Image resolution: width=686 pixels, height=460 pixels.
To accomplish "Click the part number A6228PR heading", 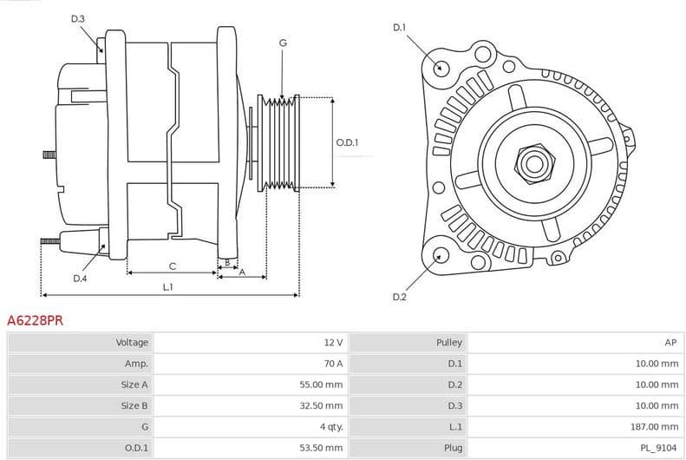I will point(35,320).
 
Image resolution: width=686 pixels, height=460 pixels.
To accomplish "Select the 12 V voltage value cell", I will point(334,343).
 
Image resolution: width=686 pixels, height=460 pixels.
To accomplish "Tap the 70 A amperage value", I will point(334,364).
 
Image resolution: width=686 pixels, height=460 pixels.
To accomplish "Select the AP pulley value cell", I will point(670,343).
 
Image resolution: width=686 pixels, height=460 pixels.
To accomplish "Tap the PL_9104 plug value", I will point(660,448).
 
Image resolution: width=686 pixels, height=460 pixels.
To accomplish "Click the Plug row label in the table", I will point(454,448).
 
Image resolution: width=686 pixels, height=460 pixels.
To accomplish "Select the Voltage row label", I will point(132,343).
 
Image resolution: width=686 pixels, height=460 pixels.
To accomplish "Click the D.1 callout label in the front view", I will point(399,28).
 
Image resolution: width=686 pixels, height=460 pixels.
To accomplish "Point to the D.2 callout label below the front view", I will point(399,297).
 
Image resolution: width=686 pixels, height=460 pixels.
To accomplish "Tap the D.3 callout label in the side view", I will point(78,19).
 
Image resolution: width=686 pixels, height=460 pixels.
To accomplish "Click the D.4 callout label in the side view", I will point(80,279).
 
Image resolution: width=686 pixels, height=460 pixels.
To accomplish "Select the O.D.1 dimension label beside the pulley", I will point(347,142).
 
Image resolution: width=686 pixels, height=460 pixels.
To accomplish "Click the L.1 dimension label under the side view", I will point(167,286).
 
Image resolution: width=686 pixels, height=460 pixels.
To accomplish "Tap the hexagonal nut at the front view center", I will point(531,162).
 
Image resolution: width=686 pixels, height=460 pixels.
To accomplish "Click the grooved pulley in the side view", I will point(279,141).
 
